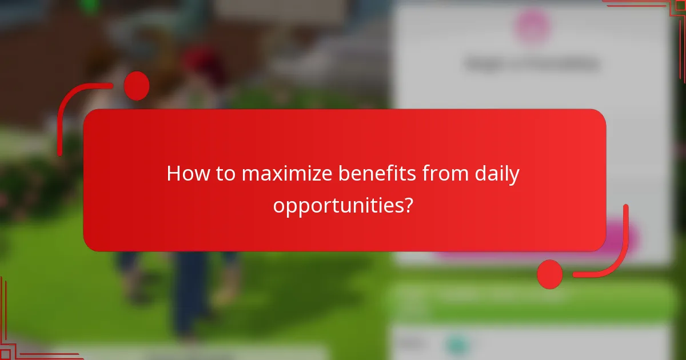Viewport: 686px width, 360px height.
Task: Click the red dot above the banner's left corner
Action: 136,86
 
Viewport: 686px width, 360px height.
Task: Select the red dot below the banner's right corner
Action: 549,274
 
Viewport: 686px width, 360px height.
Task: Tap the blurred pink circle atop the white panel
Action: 533,26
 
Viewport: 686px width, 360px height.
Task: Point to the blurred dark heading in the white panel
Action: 532,64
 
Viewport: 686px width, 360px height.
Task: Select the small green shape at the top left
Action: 89,6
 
